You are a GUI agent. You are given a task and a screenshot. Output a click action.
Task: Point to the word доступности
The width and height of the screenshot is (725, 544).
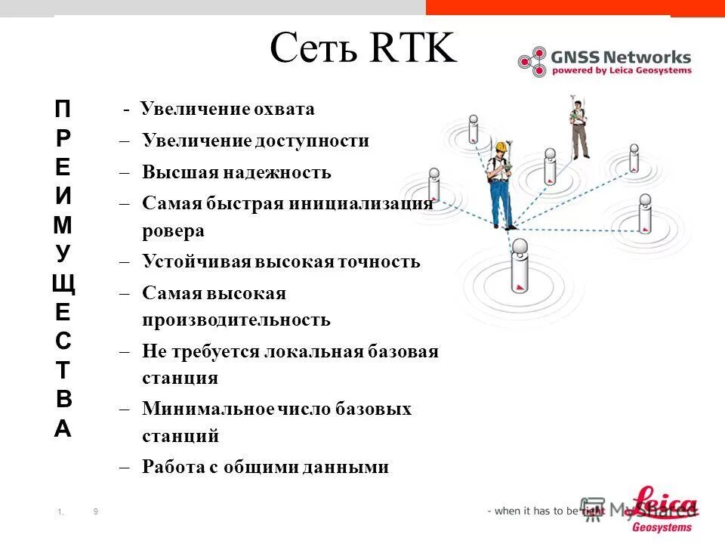pos(312,141)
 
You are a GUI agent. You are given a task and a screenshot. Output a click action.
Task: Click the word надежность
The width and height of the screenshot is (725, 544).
pos(277,172)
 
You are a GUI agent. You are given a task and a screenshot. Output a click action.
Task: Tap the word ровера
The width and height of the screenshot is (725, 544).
pos(173,231)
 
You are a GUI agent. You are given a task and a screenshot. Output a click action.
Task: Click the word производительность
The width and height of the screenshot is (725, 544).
pos(236,320)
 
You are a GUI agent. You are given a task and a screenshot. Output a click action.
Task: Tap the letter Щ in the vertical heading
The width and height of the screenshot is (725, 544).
pos(63,285)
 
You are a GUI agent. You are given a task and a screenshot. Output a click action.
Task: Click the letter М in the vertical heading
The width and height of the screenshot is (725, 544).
pos(63,225)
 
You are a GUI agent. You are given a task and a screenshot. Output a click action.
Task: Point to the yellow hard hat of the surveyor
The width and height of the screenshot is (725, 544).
pos(499,147)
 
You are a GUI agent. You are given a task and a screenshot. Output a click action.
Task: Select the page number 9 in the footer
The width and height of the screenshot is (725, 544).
pos(96,512)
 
